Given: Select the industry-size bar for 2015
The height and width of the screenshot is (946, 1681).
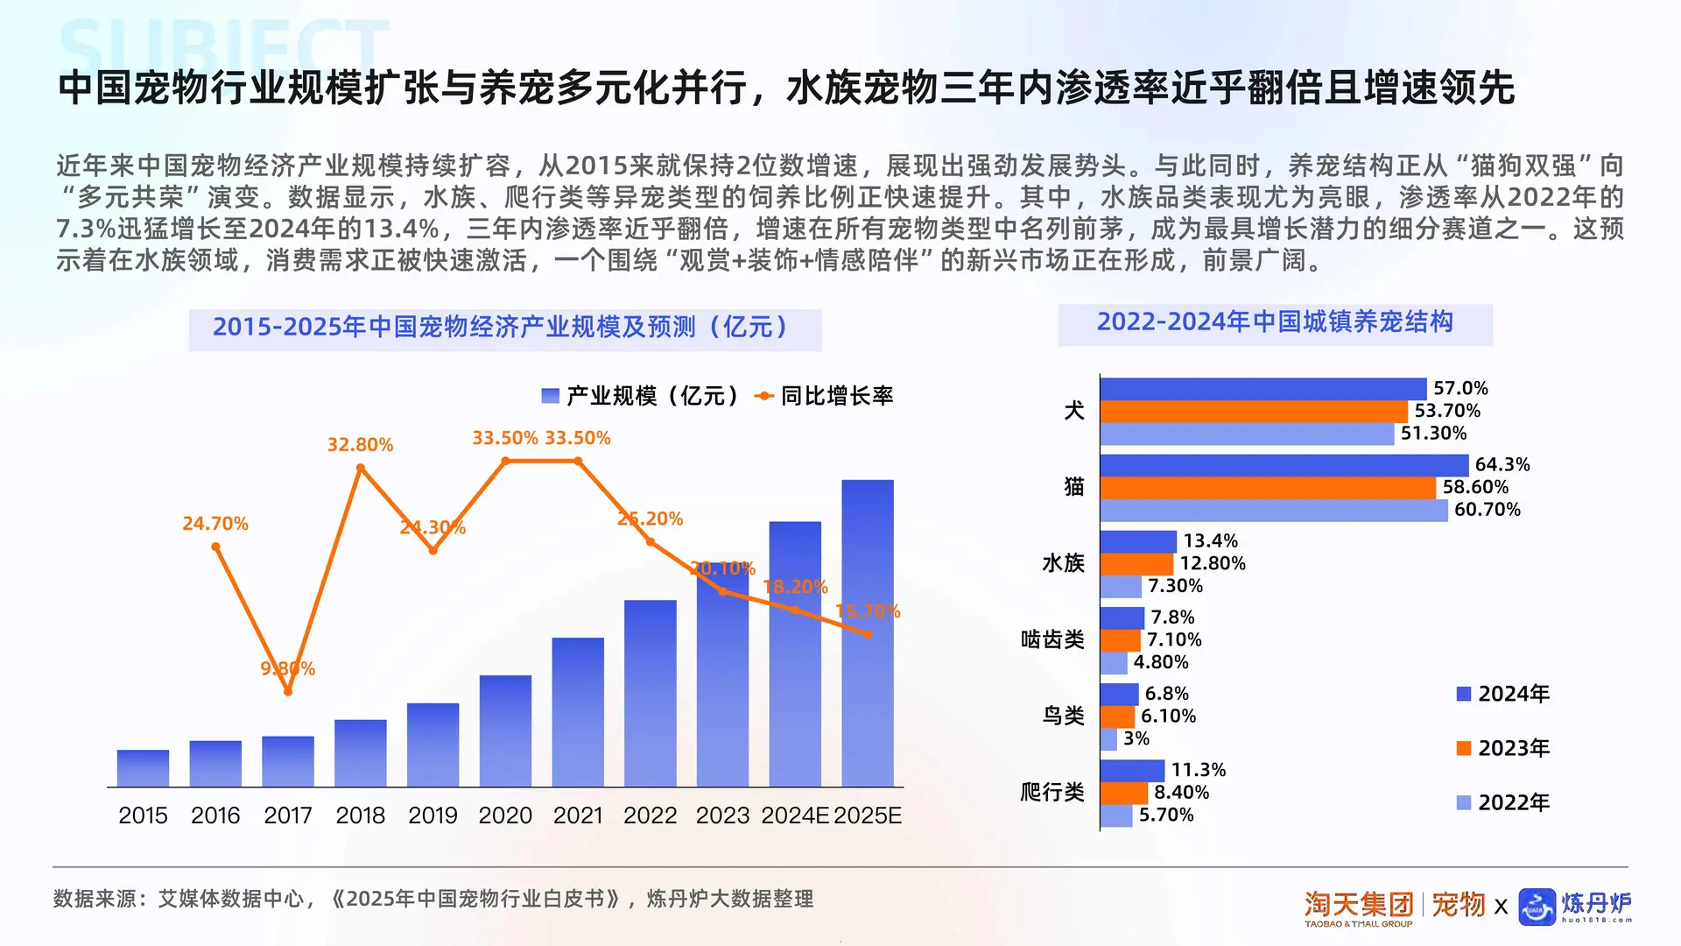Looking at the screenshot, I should pyautogui.click(x=143, y=768).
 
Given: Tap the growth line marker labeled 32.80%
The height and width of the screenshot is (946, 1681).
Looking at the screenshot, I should pyautogui.click(x=361, y=469).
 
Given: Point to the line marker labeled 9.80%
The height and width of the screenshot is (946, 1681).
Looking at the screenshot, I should pyautogui.click(x=288, y=691).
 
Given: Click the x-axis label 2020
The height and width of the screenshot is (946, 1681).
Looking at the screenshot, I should pyautogui.click(x=505, y=815).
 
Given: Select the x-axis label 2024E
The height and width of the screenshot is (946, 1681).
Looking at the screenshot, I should pyautogui.click(x=794, y=815).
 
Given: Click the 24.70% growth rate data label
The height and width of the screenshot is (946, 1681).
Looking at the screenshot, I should pyautogui.click(x=215, y=524).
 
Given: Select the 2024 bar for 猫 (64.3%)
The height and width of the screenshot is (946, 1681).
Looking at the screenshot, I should pyautogui.click(x=1284, y=465).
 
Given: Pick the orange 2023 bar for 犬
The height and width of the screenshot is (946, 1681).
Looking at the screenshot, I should pyautogui.click(x=1254, y=411).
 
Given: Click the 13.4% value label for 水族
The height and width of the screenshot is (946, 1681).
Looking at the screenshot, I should pyautogui.click(x=1210, y=540).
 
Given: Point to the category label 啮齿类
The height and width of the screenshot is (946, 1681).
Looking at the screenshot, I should pyautogui.click(x=1052, y=639).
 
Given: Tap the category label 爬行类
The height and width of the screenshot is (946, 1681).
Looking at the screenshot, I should pyautogui.click(x=1052, y=792).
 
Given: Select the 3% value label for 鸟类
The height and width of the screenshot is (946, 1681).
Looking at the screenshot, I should pyautogui.click(x=1136, y=738).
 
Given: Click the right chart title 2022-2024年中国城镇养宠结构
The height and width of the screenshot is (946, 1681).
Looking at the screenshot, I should pyautogui.click(x=1275, y=322).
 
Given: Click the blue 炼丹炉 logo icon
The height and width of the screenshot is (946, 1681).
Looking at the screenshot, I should pyautogui.click(x=1537, y=907).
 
